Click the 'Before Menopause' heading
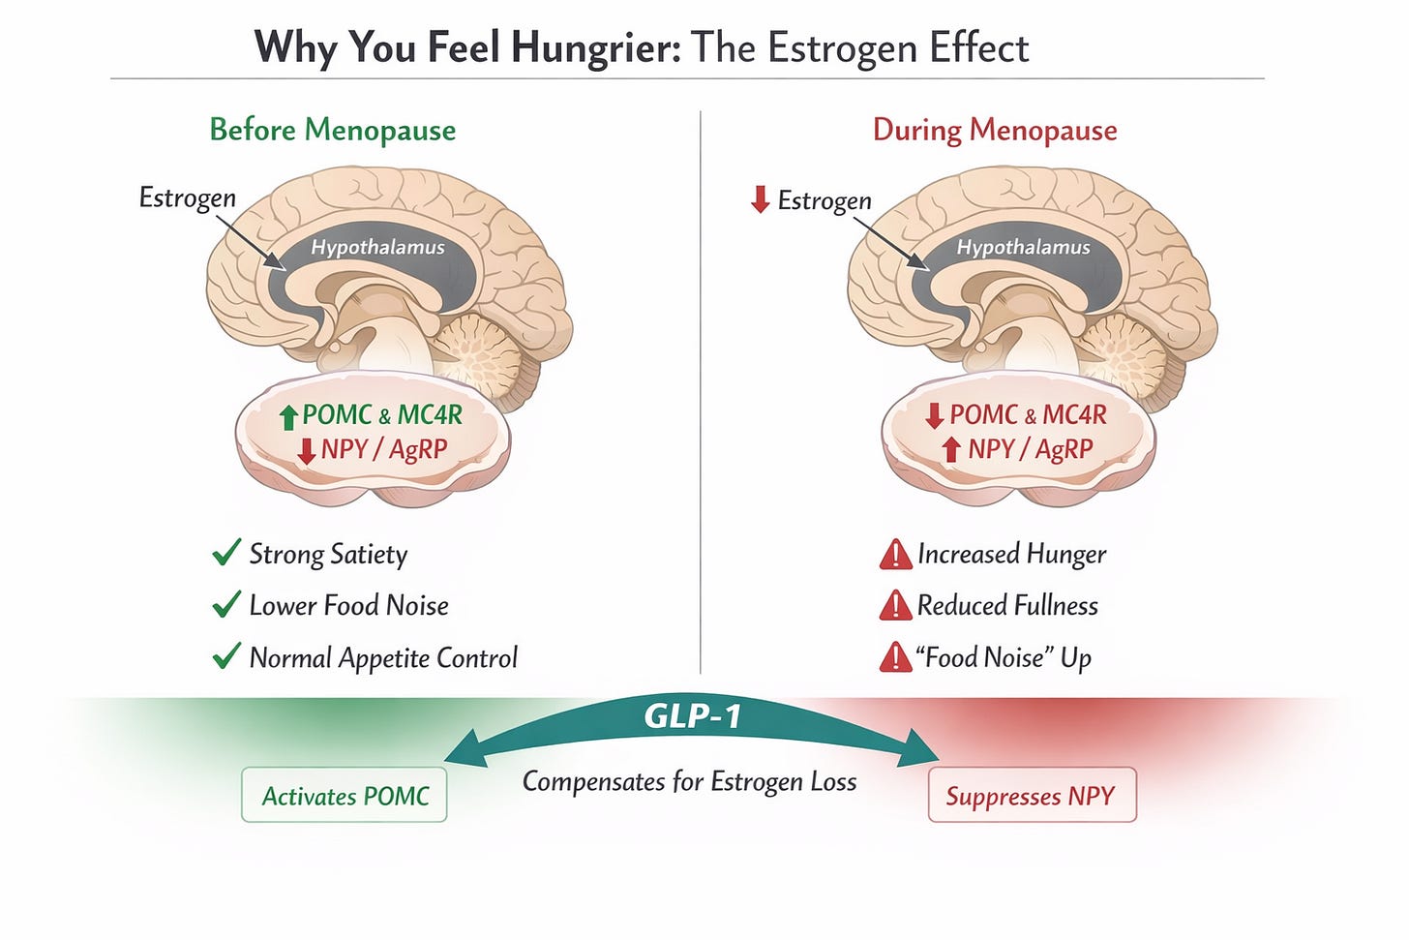coord(332,130)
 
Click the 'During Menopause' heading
coord(995,130)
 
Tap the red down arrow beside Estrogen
coord(761,199)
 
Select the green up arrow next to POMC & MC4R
coord(287,416)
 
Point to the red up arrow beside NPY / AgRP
coord(951,449)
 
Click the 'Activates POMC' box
coord(345,795)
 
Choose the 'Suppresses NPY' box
coord(1032,795)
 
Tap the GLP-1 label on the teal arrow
coord(692,716)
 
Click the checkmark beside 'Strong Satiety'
coord(225,554)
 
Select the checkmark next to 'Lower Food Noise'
coord(225,606)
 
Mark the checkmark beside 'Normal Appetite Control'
coord(225,657)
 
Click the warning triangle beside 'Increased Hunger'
coord(895,555)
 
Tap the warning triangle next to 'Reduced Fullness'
coord(895,606)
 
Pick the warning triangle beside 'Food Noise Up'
coord(895,658)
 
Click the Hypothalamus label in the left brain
coord(377,247)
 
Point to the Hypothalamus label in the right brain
coord(1023,247)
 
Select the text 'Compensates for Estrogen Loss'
coord(689,781)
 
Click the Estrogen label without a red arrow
coord(187,197)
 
